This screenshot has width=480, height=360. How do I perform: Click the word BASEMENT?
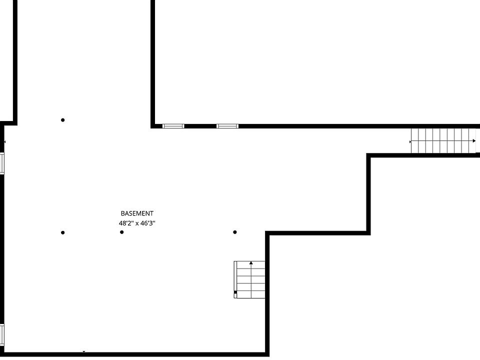137,213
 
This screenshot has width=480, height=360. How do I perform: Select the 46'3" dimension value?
148,223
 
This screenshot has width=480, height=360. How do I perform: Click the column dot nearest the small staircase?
235,232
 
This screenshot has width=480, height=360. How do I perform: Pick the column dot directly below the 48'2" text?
122,232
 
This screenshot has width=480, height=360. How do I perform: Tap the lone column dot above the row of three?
63,120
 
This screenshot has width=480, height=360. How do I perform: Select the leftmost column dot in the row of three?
63,232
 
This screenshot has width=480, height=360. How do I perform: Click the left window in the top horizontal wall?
173,126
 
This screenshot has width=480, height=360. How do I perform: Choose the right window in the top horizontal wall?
227,126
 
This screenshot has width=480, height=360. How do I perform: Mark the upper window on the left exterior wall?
2,163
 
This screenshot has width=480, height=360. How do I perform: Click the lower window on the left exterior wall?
2,335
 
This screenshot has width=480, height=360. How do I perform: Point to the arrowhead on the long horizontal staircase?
474,141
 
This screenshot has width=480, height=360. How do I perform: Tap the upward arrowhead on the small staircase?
251,262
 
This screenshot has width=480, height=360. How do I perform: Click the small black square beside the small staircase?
235,292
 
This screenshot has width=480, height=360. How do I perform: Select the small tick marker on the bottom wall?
84,351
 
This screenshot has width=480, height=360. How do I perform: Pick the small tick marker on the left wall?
4,142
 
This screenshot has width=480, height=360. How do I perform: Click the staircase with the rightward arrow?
443,141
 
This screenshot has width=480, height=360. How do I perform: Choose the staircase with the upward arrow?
249,279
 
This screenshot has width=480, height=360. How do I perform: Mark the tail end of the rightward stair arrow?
410,141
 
